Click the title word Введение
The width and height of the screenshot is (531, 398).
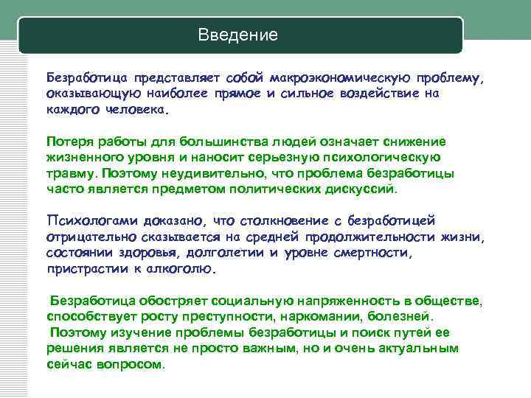(x=238, y=35)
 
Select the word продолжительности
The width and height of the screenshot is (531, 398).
(x=378, y=237)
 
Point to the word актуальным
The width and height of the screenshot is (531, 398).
(x=417, y=348)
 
